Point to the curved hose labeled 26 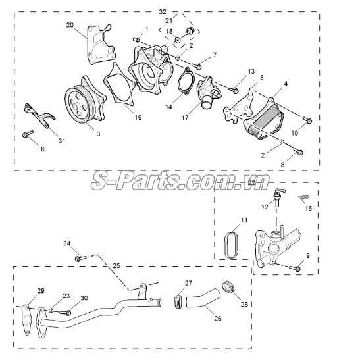[x=203, y=299]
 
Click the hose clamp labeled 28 [x=228, y=287]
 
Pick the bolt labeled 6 [x=28, y=134]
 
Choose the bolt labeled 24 [x=80, y=259]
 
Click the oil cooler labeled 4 [x=264, y=119]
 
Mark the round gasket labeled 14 [x=186, y=81]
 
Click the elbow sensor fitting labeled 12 [x=278, y=196]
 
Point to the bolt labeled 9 [x=295, y=268]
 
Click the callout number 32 [x=163, y=11]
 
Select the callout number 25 [x=116, y=266]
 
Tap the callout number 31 [x=61, y=141]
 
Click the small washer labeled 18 [x=177, y=40]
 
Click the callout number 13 [x=251, y=71]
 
